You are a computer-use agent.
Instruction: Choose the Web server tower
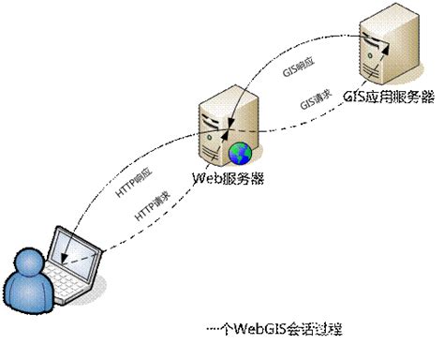(215, 122)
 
